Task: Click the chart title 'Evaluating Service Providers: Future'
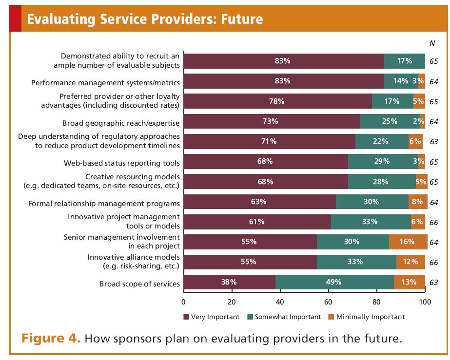pyautogui.click(x=145, y=19)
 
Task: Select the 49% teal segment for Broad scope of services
pyautogui.click(x=334, y=282)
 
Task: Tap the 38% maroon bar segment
pyautogui.click(x=230, y=282)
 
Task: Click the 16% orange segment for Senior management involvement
pyautogui.click(x=408, y=242)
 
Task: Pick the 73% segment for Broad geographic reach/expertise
pyautogui.click(x=272, y=121)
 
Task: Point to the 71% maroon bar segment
pyautogui.click(x=269, y=141)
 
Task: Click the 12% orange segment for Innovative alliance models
pyautogui.click(x=410, y=262)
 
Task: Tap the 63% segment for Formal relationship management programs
pyautogui.click(x=259, y=202)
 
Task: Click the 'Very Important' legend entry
pyautogui.click(x=212, y=317)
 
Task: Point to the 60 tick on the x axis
pyautogui.click(x=328, y=301)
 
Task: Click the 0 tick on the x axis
pyautogui.click(x=184, y=301)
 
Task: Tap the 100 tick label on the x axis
pyautogui.click(x=425, y=301)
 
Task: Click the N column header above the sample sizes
pyautogui.click(x=431, y=43)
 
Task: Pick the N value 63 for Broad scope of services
pyautogui.click(x=433, y=282)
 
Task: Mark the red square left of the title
pyautogui.click(x=15, y=19)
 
